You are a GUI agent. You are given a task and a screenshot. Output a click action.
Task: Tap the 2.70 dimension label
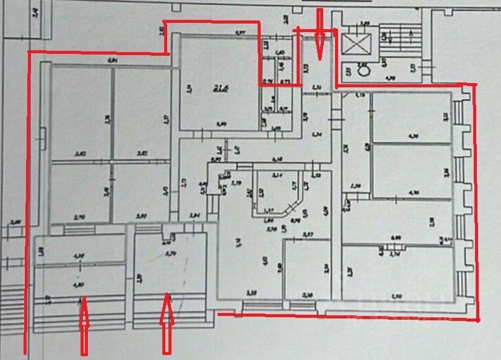pos(79,217)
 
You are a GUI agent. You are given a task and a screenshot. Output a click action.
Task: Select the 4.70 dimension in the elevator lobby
pos(391,78)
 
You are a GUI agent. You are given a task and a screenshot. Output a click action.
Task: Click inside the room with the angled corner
pos(276,192)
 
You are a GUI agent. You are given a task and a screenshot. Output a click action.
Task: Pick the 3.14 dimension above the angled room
pos(277,175)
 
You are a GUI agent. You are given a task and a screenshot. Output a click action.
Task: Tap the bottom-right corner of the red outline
pos(478,320)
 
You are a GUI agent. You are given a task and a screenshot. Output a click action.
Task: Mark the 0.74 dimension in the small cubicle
pos(268,81)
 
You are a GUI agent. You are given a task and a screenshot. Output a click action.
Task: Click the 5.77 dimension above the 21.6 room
pos(240,32)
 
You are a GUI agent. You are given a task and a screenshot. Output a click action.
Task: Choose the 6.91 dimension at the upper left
pos(111,60)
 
